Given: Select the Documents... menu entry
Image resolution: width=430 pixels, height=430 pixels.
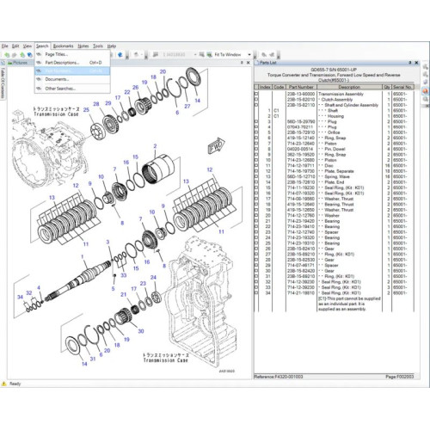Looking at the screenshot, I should [x=58, y=79].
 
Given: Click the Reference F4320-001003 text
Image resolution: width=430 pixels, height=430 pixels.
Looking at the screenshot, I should [x=284, y=377].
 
